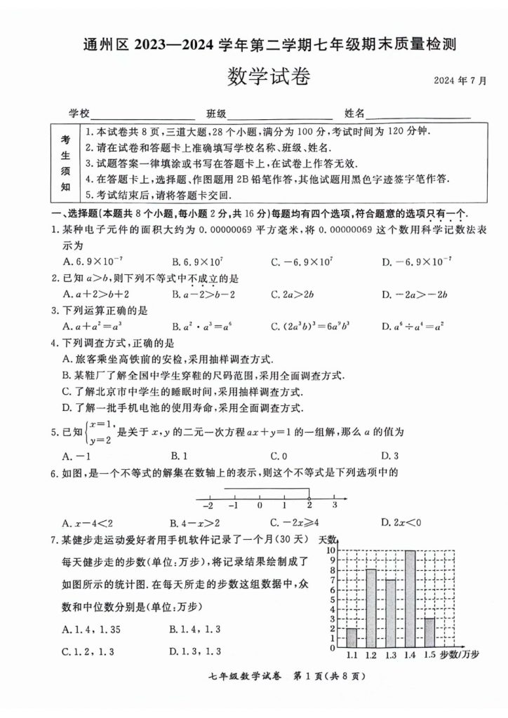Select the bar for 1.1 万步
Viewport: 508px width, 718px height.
352,637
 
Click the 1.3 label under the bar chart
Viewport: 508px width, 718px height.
391,655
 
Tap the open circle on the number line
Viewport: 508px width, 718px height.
309,497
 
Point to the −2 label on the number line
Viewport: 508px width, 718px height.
208,505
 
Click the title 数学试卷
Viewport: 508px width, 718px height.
269,76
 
